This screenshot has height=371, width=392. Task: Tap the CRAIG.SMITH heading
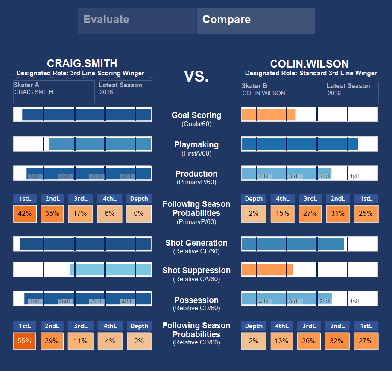pyautogui.click(x=82, y=64)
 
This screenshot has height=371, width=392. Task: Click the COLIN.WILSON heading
pyautogui.click(x=310, y=64)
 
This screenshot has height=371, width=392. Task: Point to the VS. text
pyautogui.click(x=196, y=77)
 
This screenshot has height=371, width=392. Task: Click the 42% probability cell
pyautogui.click(x=25, y=214)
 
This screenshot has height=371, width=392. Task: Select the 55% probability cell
pyautogui.click(x=25, y=341)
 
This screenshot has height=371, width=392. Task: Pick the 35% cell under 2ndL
pyautogui.click(x=53, y=214)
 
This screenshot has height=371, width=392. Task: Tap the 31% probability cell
pyautogui.click(x=337, y=214)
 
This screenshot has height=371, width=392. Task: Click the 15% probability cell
pyautogui.click(x=282, y=214)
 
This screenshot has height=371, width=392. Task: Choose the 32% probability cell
pyautogui.click(x=337, y=341)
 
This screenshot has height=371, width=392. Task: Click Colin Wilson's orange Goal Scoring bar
pyautogui.click(x=269, y=115)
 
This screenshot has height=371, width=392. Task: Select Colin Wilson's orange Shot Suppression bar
pyautogui.click(x=267, y=270)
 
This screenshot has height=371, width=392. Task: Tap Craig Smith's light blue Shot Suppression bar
pyautogui.click(x=111, y=270)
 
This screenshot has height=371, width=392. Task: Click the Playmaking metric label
pyautogui.click(x=196, y=145)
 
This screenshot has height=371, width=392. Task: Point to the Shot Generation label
pyautogui.click(x=196, y=243)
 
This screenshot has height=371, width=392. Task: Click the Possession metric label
pyautogui.click(x=196, y=300)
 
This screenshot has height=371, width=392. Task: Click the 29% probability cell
pyautogui.click(x=53, y=341)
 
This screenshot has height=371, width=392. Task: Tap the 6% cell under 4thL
pyautogui.click(x=110, y=214)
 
